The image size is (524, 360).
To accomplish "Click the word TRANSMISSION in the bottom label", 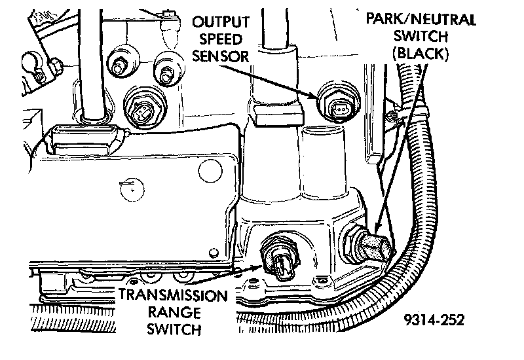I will tap(172, 295).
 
